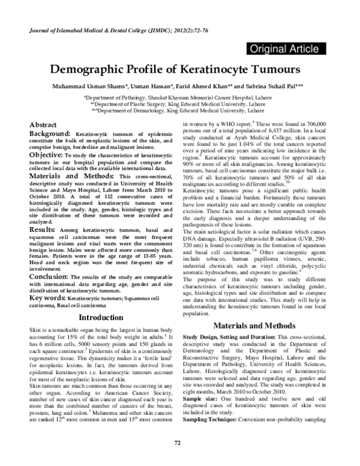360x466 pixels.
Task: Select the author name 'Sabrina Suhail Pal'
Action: (x=277, y=85)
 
